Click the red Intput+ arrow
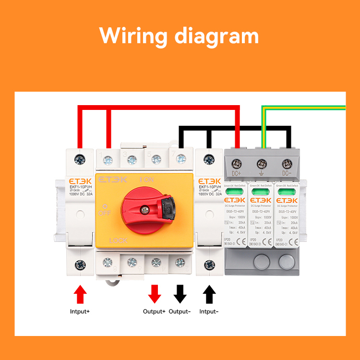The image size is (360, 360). click(x=80, y=294)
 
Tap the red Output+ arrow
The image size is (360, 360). click(x=155, y=294)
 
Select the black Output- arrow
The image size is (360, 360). click(x=180, y=294)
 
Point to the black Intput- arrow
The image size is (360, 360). click(x=209, y=294)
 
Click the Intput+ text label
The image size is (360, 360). click(x=80, y=312)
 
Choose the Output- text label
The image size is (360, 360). click(x=180, y=312)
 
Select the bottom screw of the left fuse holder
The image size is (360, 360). click(x=80, y=264)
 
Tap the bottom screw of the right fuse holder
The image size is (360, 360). click(x=209, y=264)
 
